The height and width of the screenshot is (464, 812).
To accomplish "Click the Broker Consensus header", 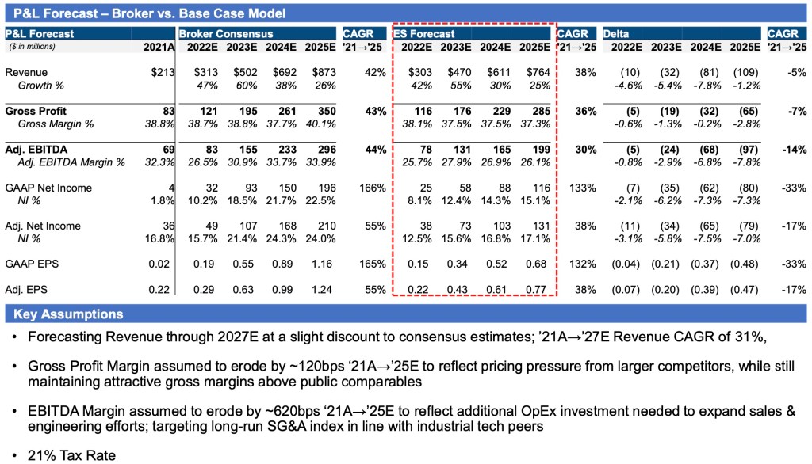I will pos(226,34).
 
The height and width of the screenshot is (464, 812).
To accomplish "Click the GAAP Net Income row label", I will pos(48,188).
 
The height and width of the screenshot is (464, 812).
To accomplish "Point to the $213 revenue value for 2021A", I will pos(160,73).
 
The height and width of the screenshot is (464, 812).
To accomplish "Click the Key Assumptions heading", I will pos(68,314).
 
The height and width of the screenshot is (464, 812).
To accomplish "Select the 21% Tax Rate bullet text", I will pos(71,455).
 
